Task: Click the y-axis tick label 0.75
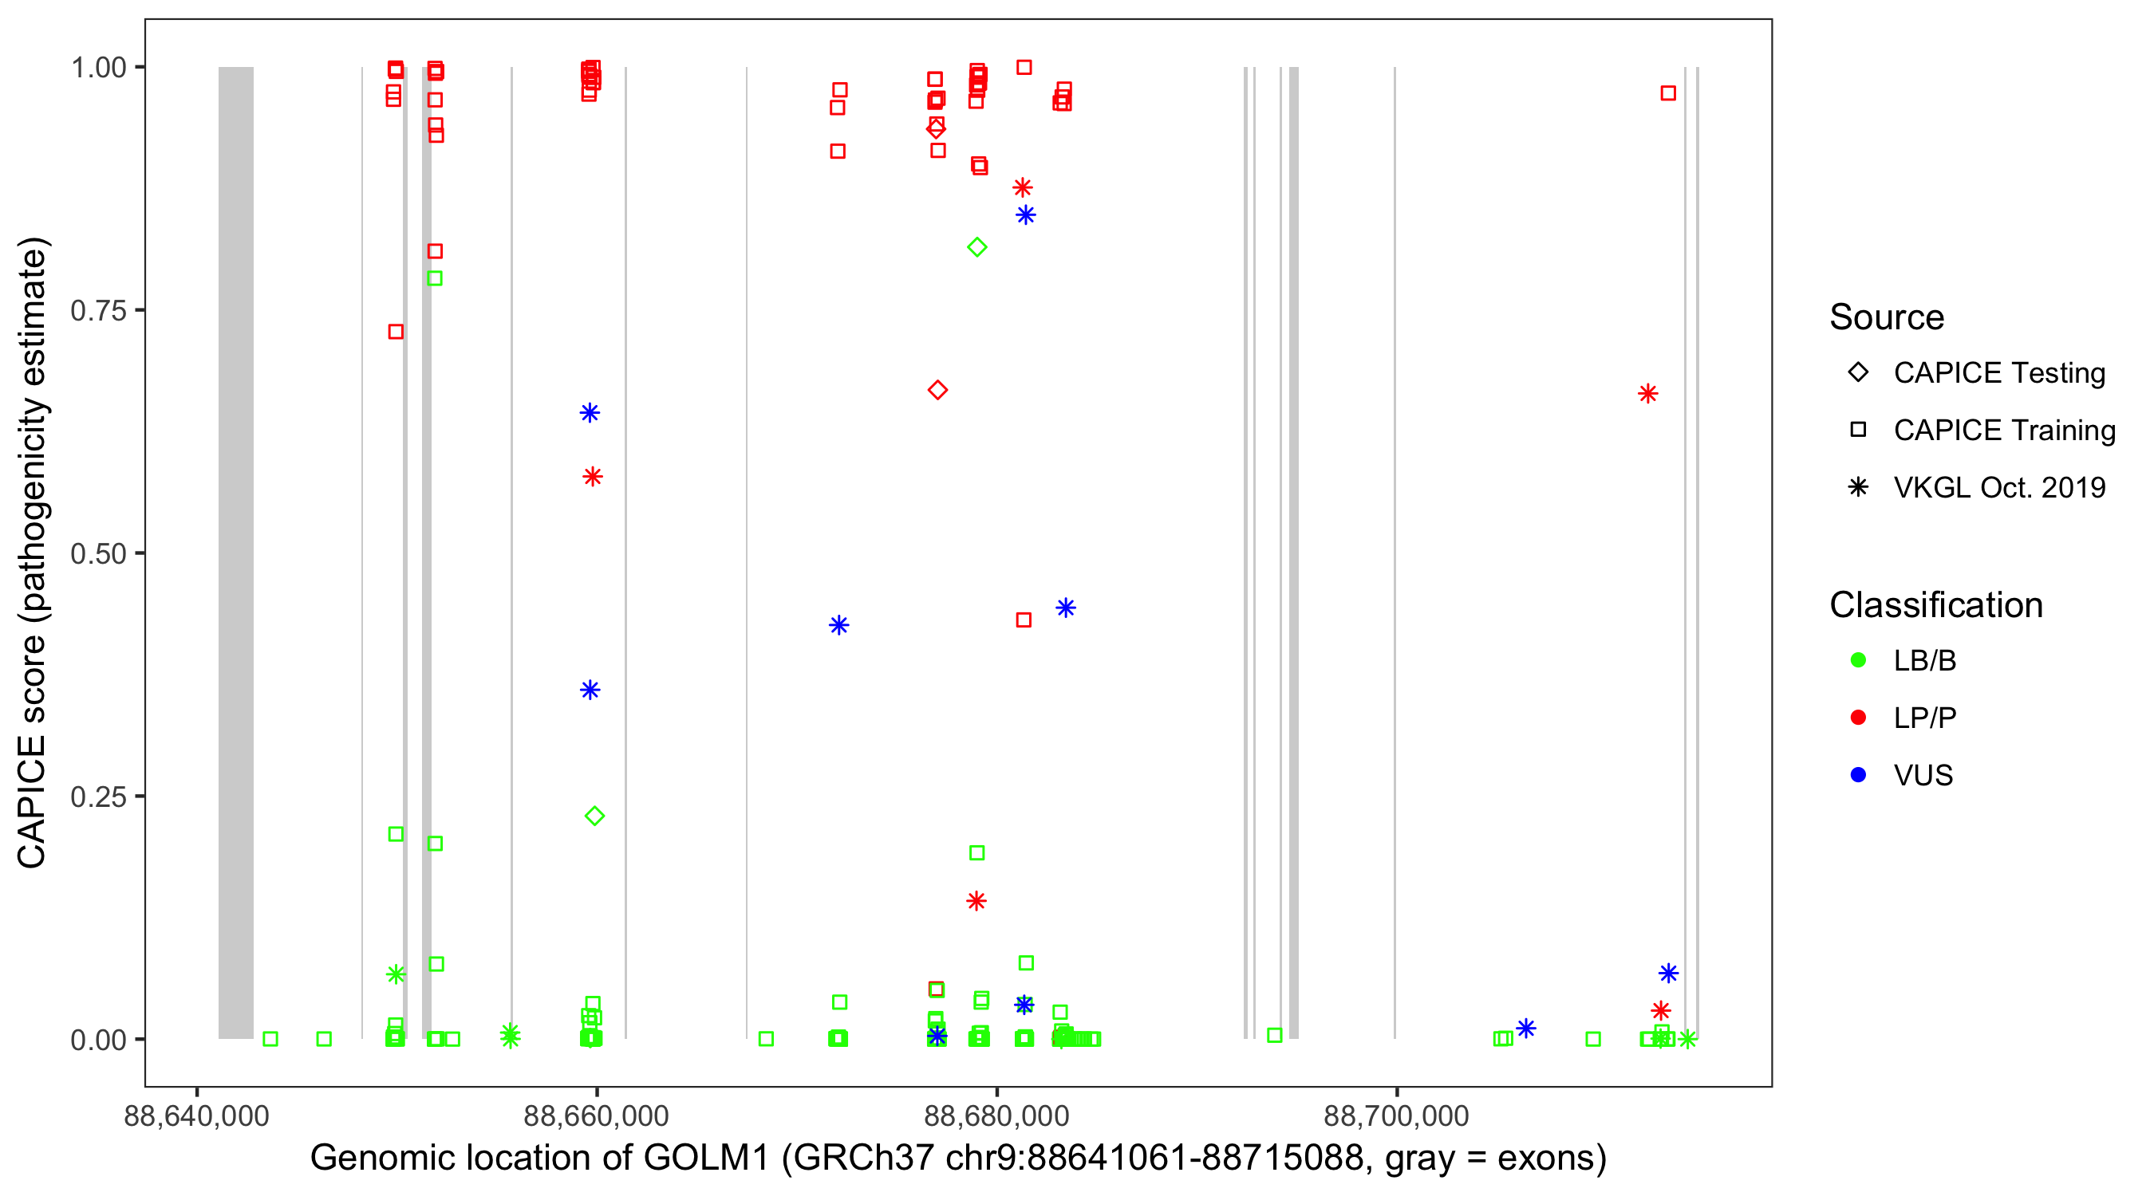97,311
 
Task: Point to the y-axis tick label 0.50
97,553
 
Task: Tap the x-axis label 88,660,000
596,1115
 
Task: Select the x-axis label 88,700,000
1395,1115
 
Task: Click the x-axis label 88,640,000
196,1115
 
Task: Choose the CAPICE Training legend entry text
2003,431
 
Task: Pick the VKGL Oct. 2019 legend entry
1998,487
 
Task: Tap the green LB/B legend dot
1858,660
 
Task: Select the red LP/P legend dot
1858,718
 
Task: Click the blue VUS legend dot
1858,775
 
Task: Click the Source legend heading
1887,317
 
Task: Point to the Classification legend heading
1935,605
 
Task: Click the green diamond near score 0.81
976,247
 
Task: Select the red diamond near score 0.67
937,391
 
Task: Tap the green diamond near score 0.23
594,816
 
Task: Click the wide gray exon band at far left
236,552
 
